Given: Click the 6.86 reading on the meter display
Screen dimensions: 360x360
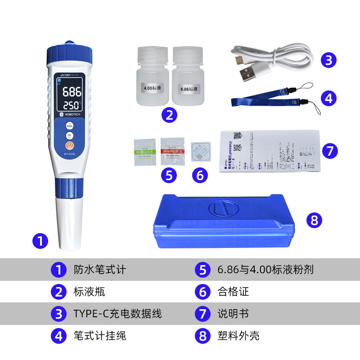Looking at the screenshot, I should coord(72,93).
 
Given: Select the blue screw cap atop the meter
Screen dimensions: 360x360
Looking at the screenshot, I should coord(69,55).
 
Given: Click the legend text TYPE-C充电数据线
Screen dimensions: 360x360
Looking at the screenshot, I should coord(117,313).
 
